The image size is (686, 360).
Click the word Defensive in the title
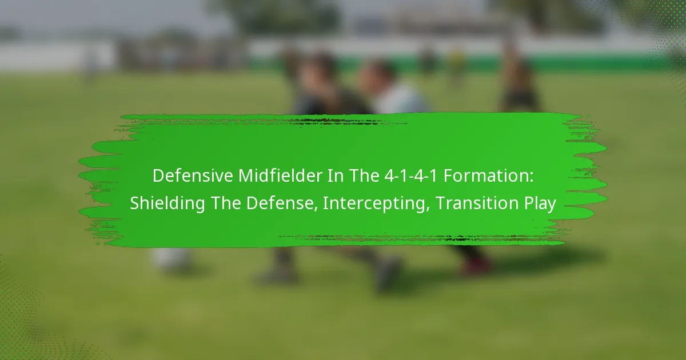[x=193, y=176]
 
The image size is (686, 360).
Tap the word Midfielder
[x=280, y=176]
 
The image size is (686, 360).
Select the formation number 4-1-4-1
[x=410, y=176]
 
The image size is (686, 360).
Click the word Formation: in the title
[x=488, y=176]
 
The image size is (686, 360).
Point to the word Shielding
[x=167, y=203]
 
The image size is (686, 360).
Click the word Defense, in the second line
[x=282, y=203]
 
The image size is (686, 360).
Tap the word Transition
[x=476, y=203]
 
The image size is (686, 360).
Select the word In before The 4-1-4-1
[x=335, y=176]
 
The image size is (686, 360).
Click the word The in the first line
[x=363, y=176]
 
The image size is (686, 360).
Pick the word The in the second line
[x=226, y=203]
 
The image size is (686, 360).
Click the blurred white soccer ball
[x=170, y=259]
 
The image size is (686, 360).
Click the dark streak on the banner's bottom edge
[x=422, y=237]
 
